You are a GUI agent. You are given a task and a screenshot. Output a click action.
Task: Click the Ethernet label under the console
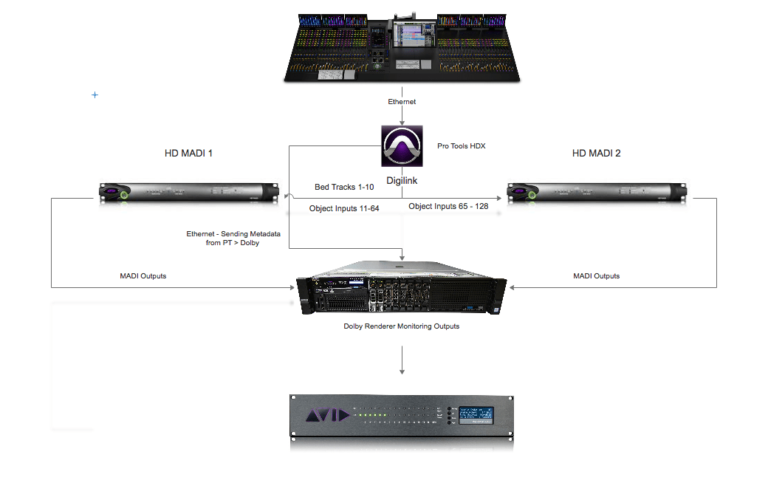[x=402, y=101]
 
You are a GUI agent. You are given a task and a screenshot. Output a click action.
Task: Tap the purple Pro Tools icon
[x=402, y=145]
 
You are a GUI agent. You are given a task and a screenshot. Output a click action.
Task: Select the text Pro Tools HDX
[x=461, y=146]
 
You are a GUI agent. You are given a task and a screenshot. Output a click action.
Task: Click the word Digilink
[x=402, y=179]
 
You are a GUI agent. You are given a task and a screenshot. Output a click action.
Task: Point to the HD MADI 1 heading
[x=188, y=154]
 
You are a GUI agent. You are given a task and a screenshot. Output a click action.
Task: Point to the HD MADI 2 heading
[x=597, y=154]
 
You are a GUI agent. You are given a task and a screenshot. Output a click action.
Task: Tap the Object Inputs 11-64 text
[x=344, y=209]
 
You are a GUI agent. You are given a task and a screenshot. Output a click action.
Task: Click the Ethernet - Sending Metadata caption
[x=222, y=238]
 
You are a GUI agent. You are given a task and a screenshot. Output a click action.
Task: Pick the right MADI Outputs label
[x=596, y=276]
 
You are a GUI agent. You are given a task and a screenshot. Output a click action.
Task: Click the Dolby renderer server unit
[x=402, y=292]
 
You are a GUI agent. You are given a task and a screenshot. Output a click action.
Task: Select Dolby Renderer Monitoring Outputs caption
[x=402, y=326]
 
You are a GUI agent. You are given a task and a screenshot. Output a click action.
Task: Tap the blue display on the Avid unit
[x=477, y=416]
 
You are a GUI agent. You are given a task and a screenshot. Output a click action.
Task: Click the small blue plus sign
[x=95, y=95]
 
